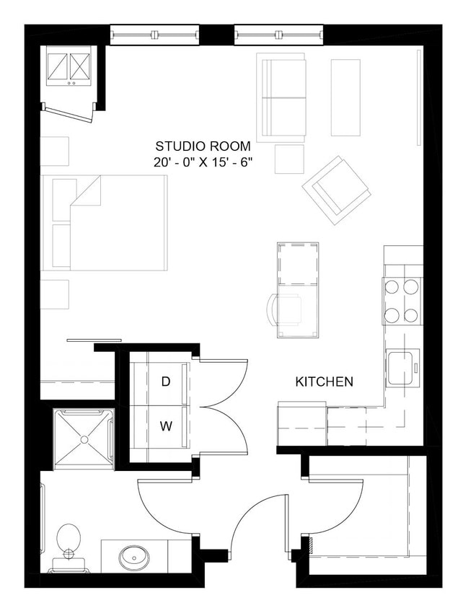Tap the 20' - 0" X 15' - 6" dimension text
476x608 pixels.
[203, 163]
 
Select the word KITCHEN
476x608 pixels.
[324, 382]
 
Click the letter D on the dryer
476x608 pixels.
[165, 382]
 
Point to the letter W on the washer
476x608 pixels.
[165, 426]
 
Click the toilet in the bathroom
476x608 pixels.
[69, 541]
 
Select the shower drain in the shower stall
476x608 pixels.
[84, 439]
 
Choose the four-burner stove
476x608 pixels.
[402, 300]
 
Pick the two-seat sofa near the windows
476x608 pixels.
[282, 98]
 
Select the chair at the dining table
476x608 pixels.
[286, 309]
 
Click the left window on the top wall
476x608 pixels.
[154, 33]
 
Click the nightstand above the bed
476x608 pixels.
[54, 151]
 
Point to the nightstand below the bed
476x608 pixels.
[54, 294]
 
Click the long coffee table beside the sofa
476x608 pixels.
[345, 97]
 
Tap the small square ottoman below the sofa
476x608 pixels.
[289, 159]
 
